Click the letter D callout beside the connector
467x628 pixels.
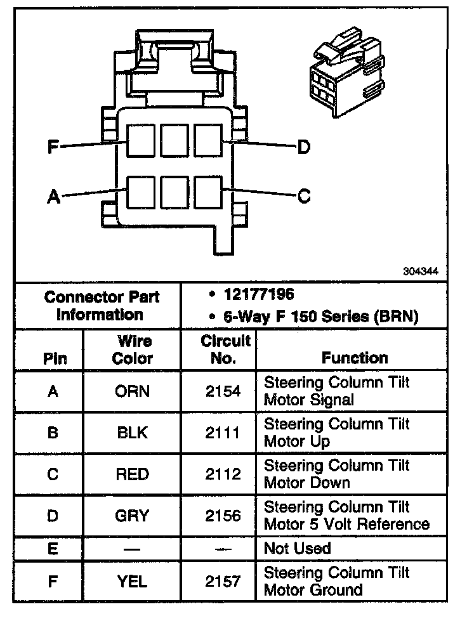click(304, 148)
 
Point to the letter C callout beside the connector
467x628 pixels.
click(304, 197)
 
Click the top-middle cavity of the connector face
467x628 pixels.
click(173, 140)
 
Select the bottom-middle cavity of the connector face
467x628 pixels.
click(173, 191)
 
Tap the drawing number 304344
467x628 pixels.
click(420, 271)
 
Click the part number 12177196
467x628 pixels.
click(259, 295)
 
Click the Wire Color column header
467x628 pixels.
click(133, 350)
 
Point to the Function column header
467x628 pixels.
click(355, 358)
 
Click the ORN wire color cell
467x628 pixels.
click(133, 391)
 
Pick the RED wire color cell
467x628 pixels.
click(133, 474)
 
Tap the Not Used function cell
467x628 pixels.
click(297, 548)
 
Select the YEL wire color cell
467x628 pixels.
click(133, 580)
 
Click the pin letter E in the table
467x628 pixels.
click(53, 548)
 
